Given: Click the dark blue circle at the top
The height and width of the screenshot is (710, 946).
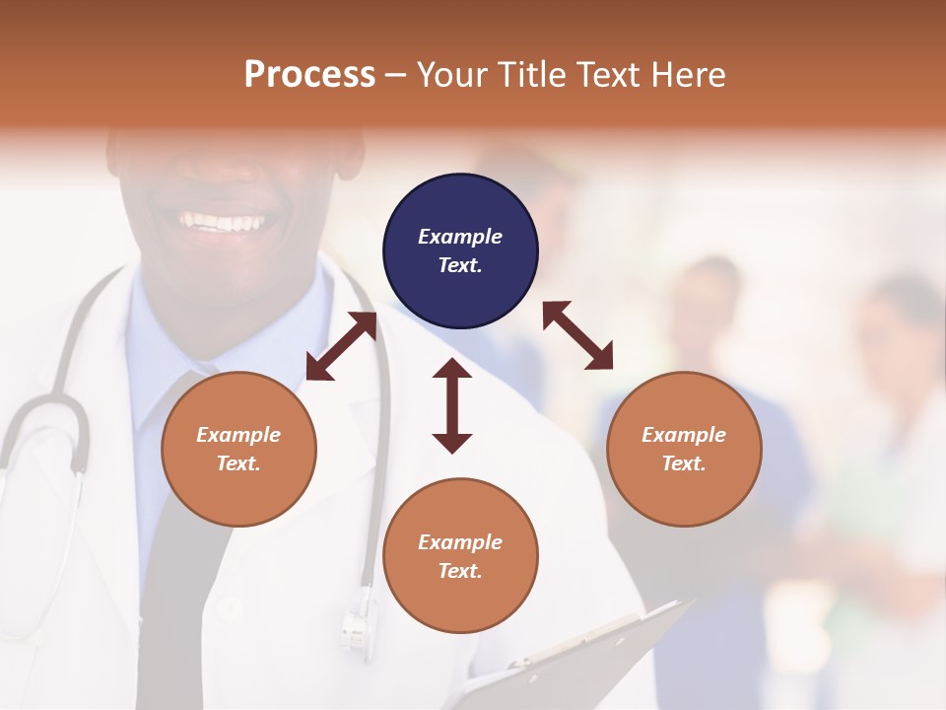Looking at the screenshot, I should (460, 251).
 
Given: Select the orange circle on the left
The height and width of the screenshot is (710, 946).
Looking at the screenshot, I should (238, 449).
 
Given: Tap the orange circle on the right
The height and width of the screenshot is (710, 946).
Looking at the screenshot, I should (684, 449).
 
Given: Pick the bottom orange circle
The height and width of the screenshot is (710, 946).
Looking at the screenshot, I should (460, 556).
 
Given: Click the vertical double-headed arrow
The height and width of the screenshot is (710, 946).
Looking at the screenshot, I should (452, 405).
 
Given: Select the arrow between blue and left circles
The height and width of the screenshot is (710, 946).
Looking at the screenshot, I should (342, 346).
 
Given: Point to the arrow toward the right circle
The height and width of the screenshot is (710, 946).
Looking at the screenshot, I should (578, 335).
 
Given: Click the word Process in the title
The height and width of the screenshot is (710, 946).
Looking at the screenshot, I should (309, 75).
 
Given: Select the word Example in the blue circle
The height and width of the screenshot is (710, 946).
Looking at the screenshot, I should (460, 237).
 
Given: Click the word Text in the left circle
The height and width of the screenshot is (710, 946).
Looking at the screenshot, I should (237, 463).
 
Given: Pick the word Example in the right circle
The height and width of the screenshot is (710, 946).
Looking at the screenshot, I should (684, 435).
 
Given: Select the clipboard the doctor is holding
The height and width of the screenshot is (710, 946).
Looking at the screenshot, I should (581, 656).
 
